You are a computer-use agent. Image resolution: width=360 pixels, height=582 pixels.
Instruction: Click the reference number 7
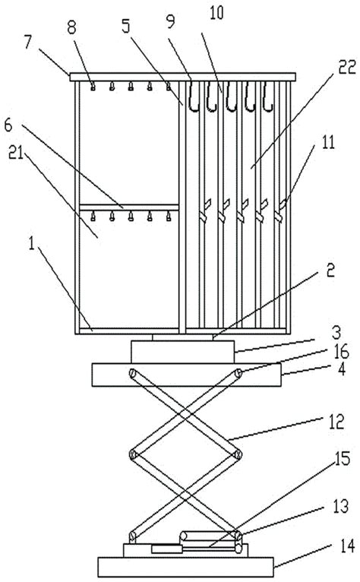29,43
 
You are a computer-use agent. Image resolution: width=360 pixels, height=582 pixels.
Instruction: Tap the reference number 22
347,67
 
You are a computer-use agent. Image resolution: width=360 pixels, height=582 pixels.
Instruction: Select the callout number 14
347,546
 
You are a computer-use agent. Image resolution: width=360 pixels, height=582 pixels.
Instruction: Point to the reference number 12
336,422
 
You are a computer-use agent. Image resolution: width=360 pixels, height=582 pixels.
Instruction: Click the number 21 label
16,152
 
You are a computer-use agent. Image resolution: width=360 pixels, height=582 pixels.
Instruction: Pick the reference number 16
341,352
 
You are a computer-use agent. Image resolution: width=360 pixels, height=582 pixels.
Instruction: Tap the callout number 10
216,13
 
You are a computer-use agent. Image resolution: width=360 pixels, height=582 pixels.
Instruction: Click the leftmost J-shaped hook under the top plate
194,96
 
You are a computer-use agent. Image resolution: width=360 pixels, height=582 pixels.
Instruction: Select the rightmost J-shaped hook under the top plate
267,96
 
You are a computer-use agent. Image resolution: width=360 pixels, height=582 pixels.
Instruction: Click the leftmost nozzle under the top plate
93,87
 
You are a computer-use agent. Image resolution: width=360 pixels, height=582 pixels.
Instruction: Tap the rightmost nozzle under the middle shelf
168,216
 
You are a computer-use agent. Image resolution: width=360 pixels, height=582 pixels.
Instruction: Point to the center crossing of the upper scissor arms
185,414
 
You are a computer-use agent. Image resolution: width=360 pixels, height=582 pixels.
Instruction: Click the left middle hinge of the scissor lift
132,454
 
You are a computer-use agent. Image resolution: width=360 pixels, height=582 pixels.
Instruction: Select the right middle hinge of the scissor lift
238,454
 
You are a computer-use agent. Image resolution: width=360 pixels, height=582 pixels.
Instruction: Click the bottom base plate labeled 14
185,567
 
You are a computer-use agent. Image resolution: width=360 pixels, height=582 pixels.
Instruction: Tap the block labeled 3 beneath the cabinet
182,352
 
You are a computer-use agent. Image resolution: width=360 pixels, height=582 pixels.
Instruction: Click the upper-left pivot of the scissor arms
132,373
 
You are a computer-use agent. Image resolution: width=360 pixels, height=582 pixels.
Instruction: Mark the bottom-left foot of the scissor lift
132,536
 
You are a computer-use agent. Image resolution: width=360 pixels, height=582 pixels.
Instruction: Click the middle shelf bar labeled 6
129,207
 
